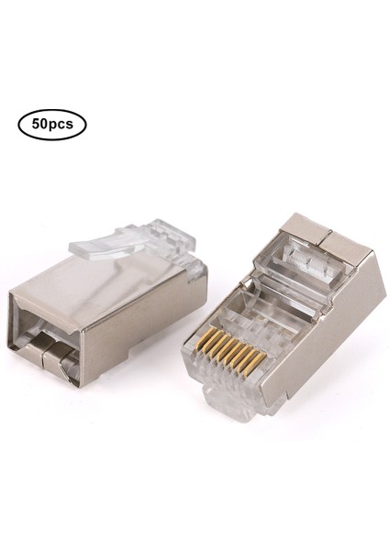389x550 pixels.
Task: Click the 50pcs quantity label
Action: click(x=51, y=122)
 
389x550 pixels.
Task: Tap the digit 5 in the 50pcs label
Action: click(x=35, y=122)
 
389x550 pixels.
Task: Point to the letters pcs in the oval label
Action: click(x=61, y=123)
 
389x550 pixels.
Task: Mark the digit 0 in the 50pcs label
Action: click(x=44, y=122)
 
